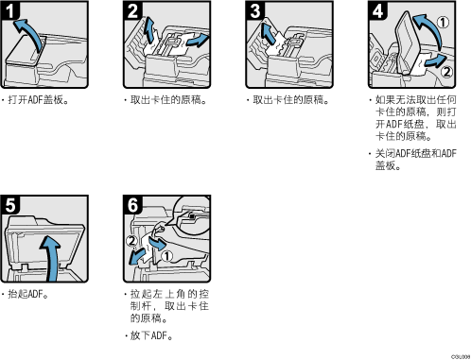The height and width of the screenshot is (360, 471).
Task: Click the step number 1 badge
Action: [x=9, y=10]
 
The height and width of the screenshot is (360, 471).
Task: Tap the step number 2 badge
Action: [x=132, y=10]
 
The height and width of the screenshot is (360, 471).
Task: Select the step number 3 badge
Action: [x=255, y=10]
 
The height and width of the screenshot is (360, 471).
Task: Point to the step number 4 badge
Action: [x=377, y=10]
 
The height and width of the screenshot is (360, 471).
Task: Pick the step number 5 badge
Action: [x=9, y=205]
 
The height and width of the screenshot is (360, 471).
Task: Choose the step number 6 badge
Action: [x=132, y=205]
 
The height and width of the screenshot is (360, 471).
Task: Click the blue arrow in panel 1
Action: [x=31, y=30]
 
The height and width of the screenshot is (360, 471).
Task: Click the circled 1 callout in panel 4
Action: [x=443, y=22]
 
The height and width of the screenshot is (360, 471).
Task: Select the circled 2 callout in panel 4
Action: [x=446, y=72]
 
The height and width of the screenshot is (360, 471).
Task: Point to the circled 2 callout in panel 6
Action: [x=131, y=241]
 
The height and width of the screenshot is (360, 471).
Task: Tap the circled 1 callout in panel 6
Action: [x=166, y=256]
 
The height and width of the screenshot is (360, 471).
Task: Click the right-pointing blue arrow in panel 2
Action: [x=197, y=41]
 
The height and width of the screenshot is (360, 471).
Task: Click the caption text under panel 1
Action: [x=36, y=100]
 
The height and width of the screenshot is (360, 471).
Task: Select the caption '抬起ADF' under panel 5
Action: [x=26, y=294]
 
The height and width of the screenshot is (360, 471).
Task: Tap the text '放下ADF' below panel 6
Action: [x=148, y=335]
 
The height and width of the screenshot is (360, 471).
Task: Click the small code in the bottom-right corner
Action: [x=461, y=357]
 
